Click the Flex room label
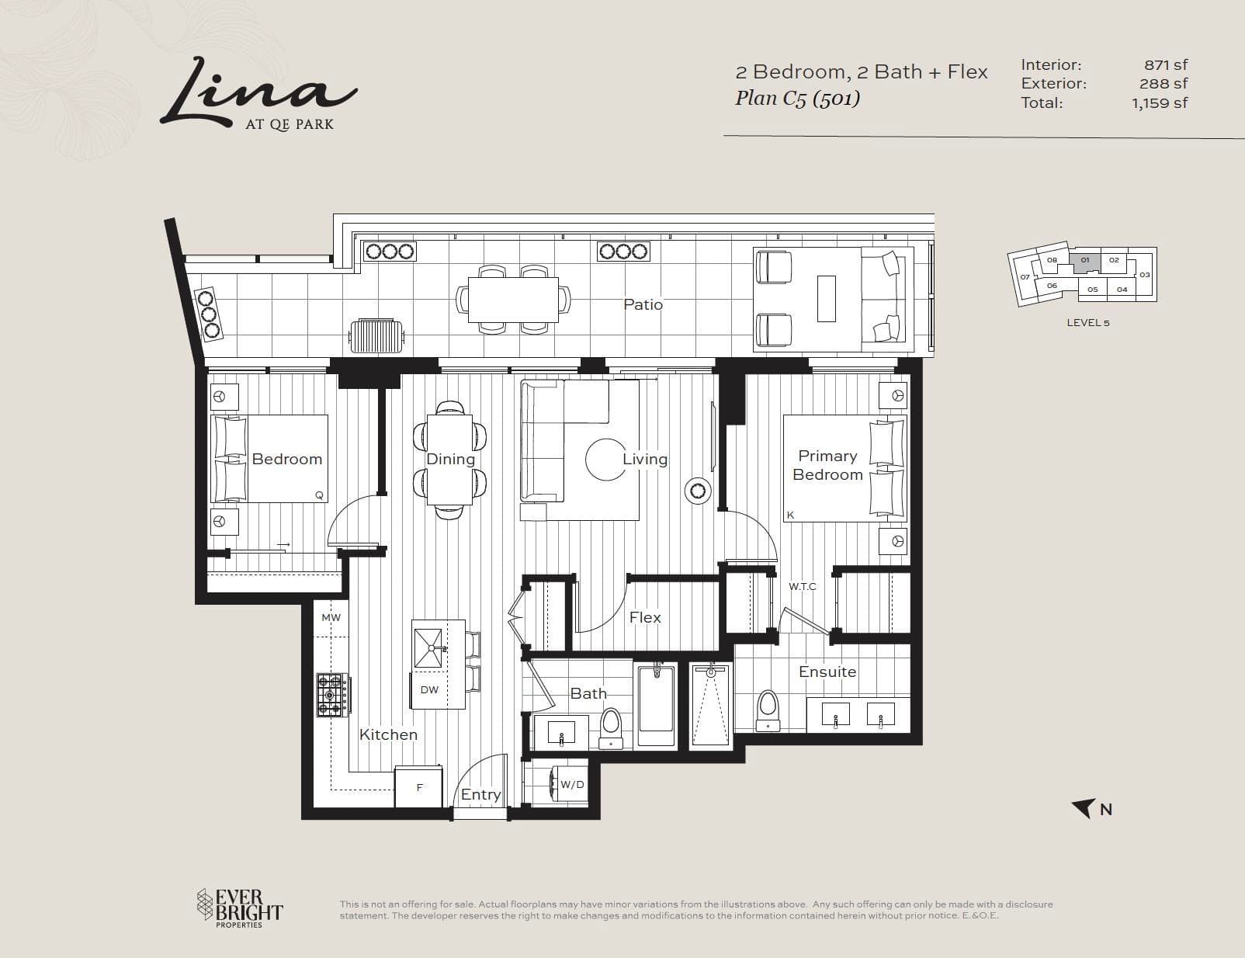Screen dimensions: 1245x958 point(644,617)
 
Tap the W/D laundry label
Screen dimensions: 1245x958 point(572,784)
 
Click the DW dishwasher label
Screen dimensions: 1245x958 point(429,690)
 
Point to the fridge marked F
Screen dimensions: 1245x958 point(419,786)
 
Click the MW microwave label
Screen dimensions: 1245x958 point(331,618)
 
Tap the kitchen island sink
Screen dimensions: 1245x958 point(428,648)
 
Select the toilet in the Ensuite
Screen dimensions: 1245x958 point(768,710)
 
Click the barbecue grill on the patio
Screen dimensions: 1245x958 point(377,336)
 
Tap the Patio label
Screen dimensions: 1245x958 point(643,304)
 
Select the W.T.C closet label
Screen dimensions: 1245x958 point(802,586)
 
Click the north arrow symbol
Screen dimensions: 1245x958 point(1084,808)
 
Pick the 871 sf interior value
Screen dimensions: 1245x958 point(1166,64)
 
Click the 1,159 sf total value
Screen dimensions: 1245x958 point(1160,103)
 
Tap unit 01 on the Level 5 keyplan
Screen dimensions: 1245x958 point(1085,262)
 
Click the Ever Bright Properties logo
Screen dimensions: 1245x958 point(240,908)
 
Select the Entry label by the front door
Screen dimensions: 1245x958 point(480,794)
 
